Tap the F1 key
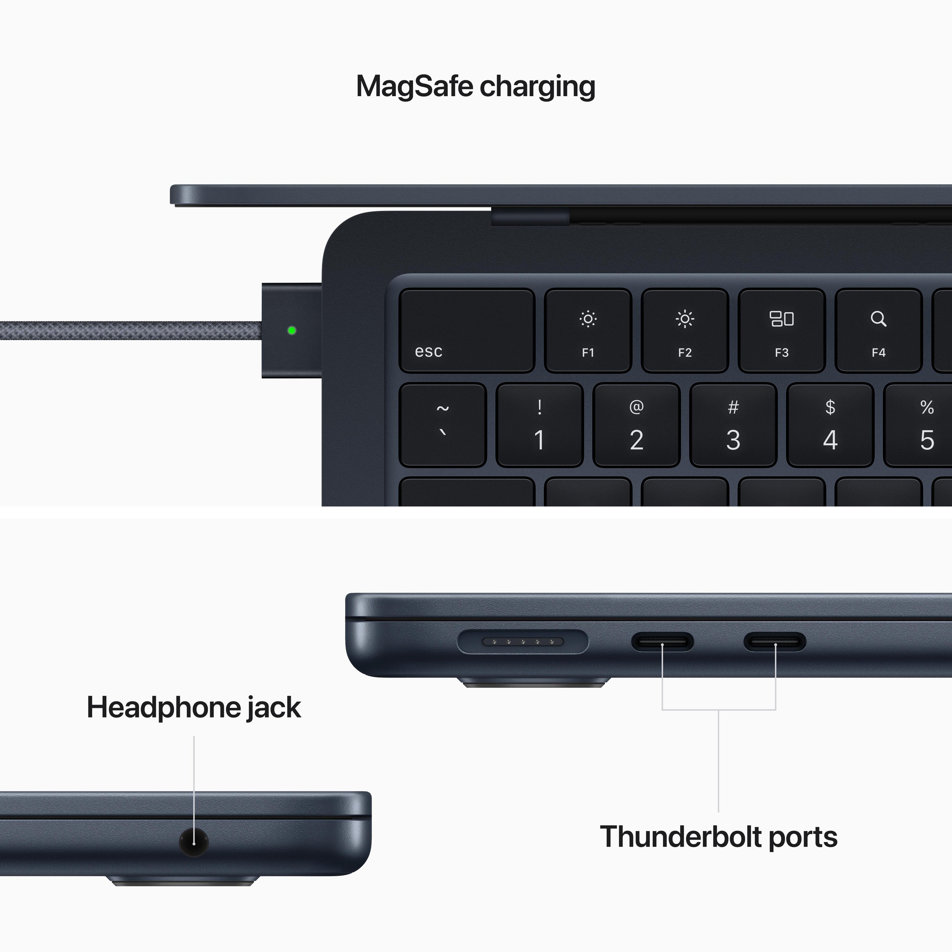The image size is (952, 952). [x=588, y=330]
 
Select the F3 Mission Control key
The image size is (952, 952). [x=781, y=330]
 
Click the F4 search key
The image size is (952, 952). [x=878, y=330]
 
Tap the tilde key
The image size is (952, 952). [x=442, y=425]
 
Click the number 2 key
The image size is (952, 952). [x=636, y=425]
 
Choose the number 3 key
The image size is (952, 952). [x=733, y=425]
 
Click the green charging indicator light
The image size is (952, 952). [x=292, y=330]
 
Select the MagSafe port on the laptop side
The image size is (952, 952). [x=522, y=642]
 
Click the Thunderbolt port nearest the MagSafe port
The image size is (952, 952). [x=662, y=642]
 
